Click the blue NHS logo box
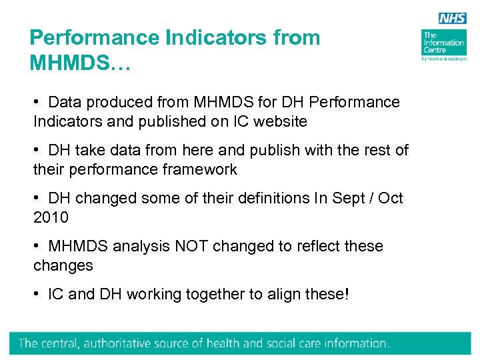tap(452, 19)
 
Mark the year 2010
tap(51, 217)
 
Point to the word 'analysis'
tap(141, 247)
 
